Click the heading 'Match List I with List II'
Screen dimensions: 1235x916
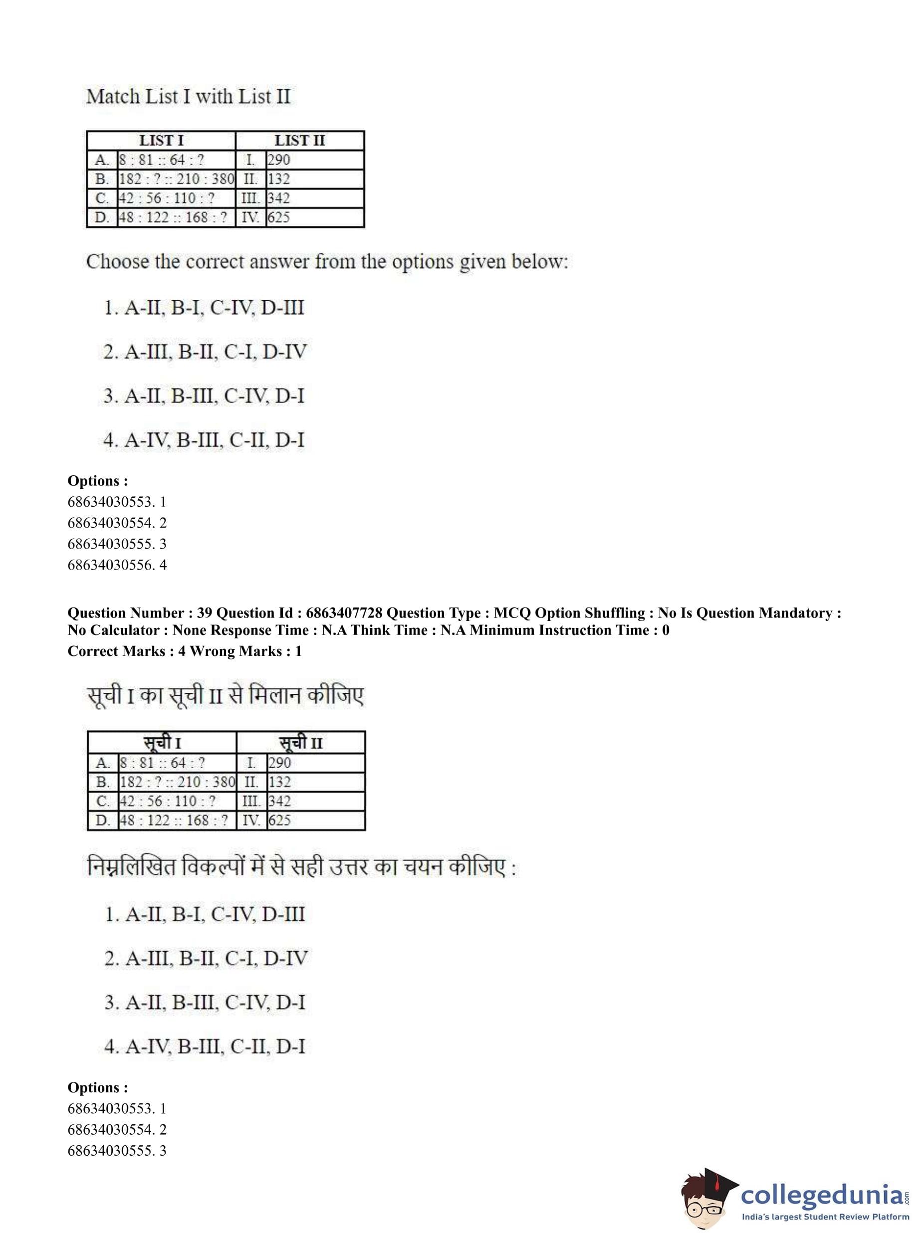click(x=188, y=97)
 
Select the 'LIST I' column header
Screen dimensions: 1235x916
click(x=161, y=140)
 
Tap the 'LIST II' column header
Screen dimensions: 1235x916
click(x=299, y=140)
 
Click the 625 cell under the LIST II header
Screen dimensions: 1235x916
click(x=279, y=217)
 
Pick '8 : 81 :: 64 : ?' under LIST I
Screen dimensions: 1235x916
click(x=162, y=160)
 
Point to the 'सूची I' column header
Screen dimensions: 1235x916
click(x=162, y=743)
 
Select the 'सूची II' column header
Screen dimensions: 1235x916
click(x=300, y=743)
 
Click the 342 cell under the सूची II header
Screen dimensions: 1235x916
click(x=280, y=801)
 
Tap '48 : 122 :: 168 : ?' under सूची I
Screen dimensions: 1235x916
click(x=174, y=821)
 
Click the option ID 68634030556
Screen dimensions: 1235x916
click(x=111, y=565)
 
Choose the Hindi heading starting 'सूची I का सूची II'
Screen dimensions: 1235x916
click(x=225, y=697)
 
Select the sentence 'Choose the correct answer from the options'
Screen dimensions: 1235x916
click(x=327, y=262)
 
